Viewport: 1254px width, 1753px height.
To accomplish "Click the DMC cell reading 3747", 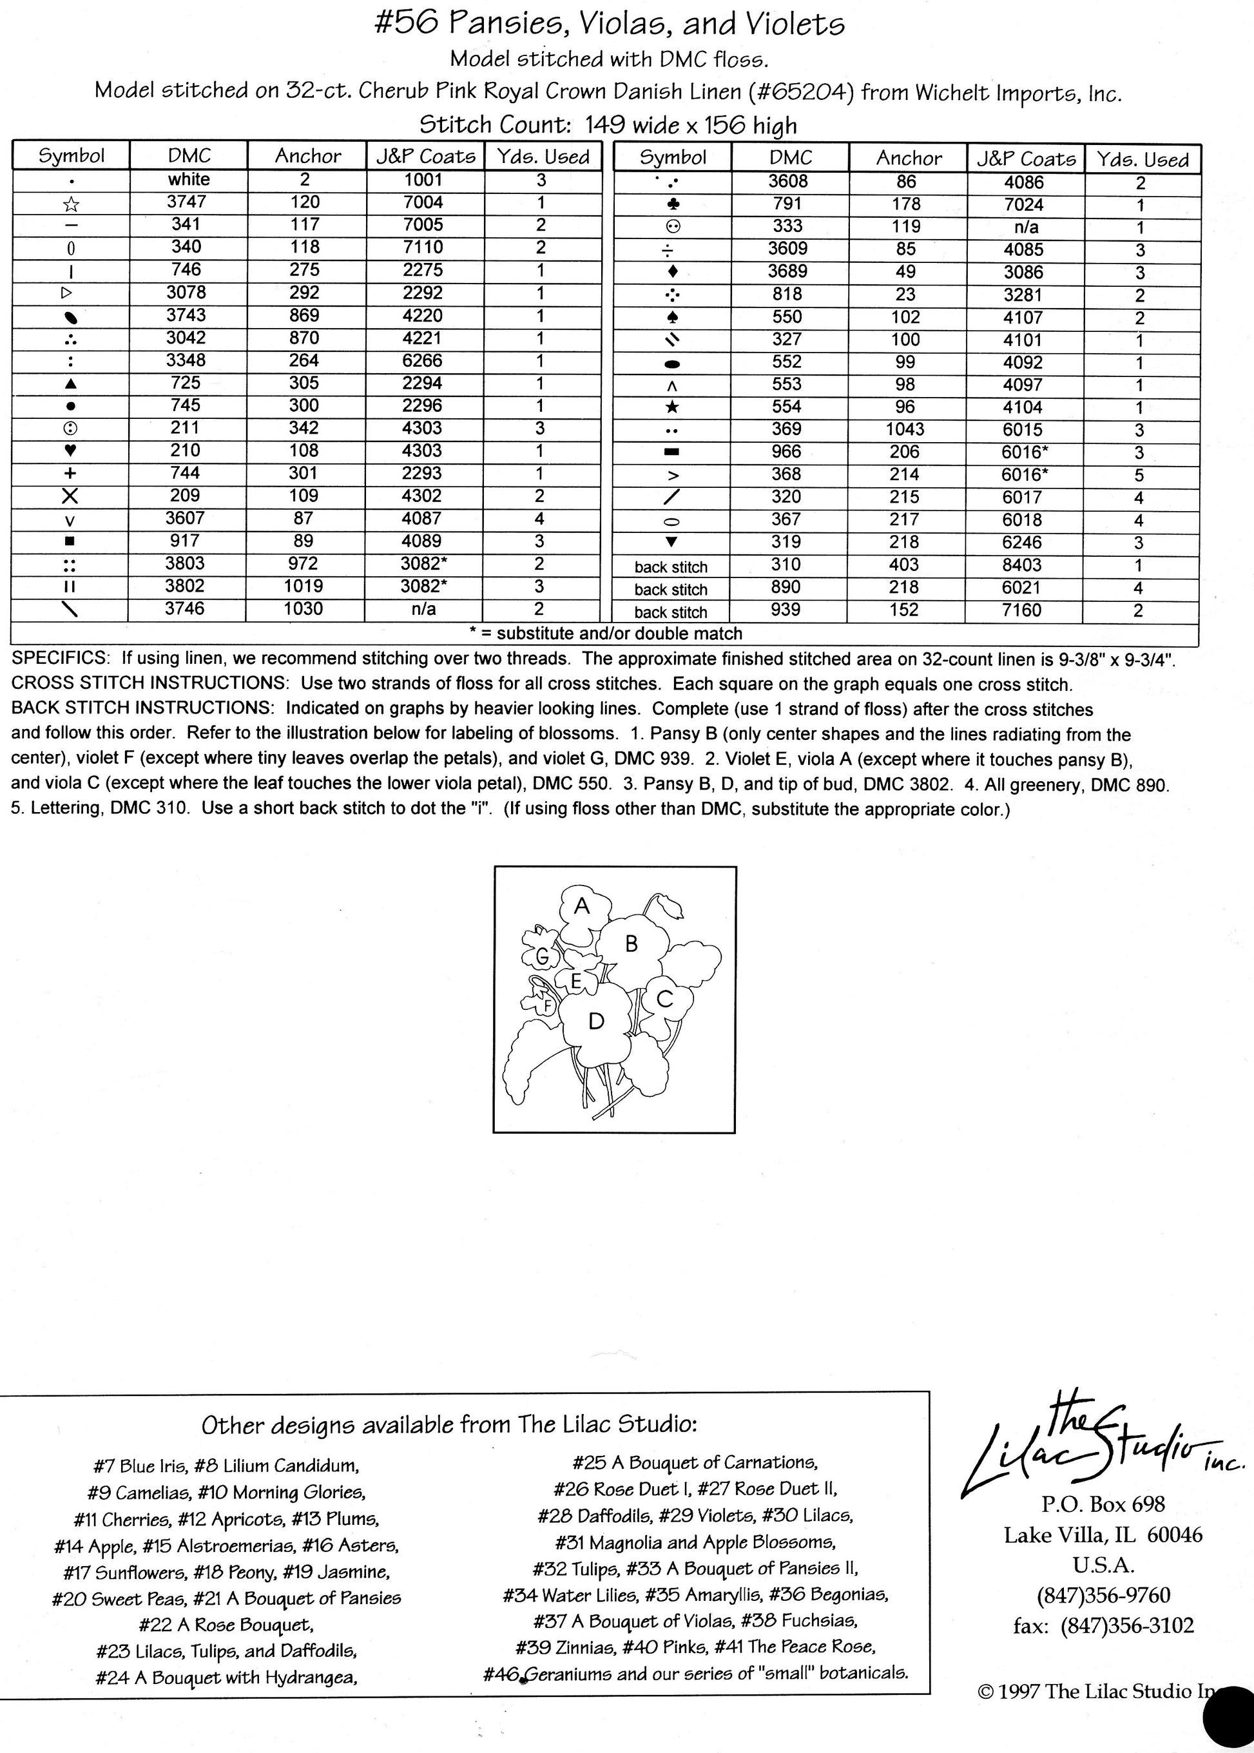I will (x=186, y=202).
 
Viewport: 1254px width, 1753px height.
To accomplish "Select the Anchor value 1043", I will (x=905, y=429).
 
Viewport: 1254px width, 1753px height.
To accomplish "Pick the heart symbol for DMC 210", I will (x=70, y=451).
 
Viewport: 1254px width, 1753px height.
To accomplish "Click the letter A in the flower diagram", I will (x=583, y=907).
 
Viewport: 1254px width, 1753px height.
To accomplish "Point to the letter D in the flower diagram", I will (x=595, y=1022).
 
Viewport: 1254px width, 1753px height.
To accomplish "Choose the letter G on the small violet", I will (x=542, y=958).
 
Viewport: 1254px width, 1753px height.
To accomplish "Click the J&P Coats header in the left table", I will (x=425, y=156).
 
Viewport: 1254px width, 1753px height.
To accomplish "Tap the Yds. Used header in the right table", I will (x=1143, y=160).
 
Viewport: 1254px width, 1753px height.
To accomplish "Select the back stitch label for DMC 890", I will (x=670, y=589).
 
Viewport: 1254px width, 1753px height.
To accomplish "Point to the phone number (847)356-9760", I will (x=1103, y=1594).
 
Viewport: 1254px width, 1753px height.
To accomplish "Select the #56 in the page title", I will (x=406, y=24).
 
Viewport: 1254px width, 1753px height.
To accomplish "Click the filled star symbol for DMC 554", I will (x=671, y=408).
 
